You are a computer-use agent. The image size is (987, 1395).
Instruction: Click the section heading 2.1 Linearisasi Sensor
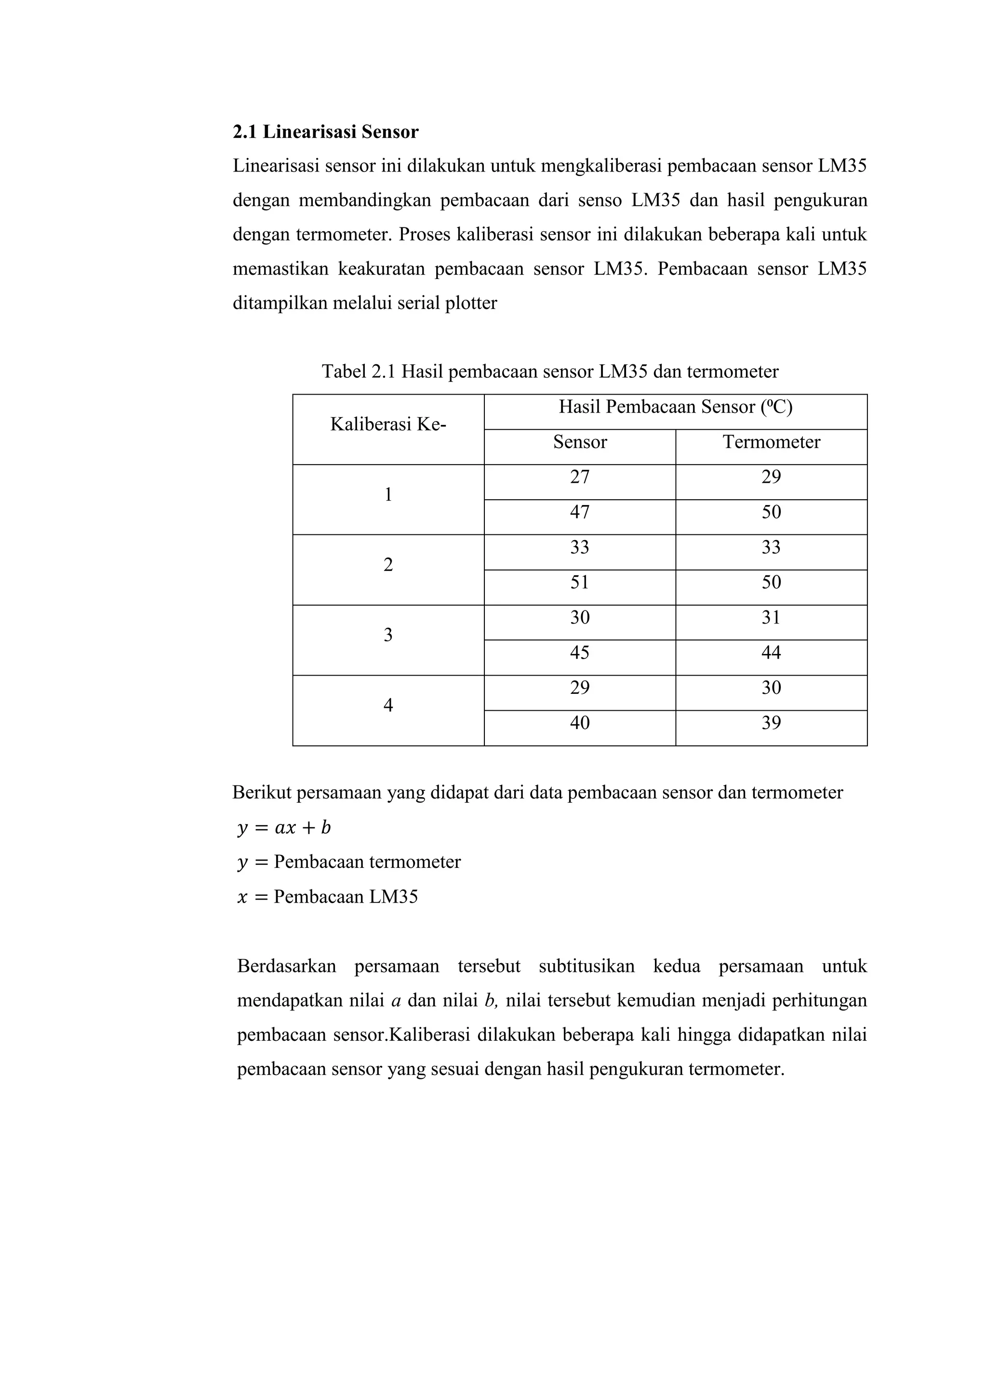[325, 132]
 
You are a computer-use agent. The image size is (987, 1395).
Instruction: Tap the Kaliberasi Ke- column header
[388, 425]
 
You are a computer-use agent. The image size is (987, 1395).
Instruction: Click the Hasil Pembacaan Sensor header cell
[675, 407]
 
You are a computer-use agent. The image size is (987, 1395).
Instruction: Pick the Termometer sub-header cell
[771, 442]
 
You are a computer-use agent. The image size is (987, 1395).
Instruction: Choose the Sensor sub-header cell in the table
[579, 442]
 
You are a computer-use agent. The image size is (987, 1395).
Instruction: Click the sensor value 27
[579, 478]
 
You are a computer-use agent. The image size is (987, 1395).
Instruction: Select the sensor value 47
[579, 512]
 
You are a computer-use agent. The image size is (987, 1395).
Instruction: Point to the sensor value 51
[579, 583]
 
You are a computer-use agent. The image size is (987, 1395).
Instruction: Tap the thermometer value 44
[771, 653]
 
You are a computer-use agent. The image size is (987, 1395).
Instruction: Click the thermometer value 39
[771, 723]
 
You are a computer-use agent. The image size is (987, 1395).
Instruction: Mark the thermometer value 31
[771, 618]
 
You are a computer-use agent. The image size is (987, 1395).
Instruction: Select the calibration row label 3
[388, 636]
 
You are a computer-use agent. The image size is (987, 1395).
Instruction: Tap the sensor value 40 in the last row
[579, 723]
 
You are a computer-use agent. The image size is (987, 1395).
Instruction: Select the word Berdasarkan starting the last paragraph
[286, 966]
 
